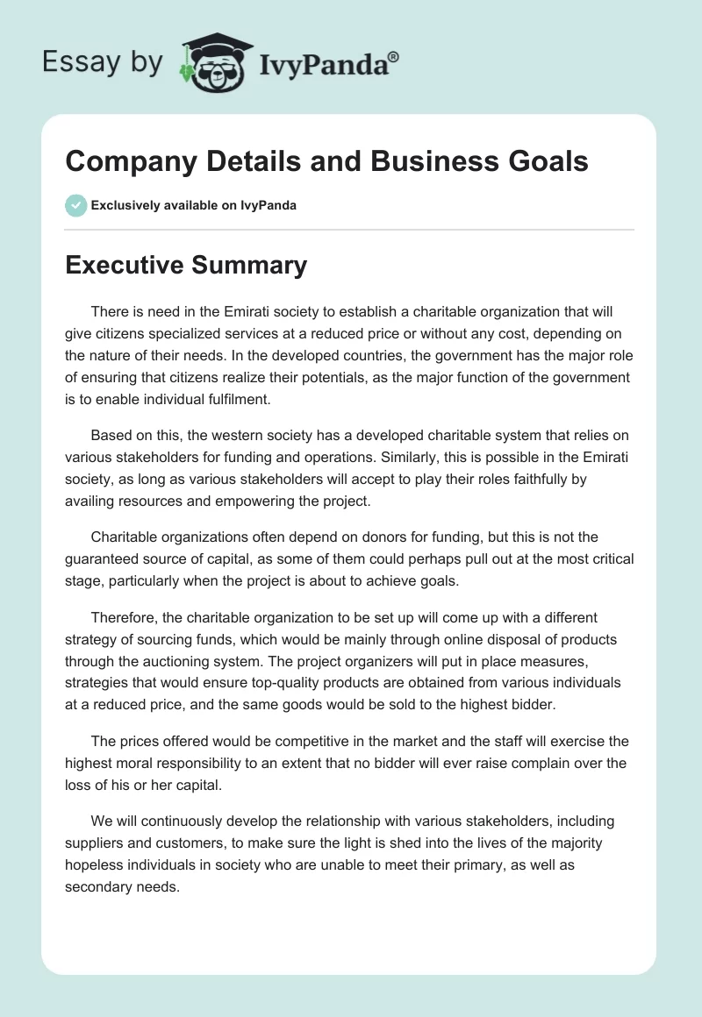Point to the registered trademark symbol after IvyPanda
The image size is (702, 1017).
(393, 56)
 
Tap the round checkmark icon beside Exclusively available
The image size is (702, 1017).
(75, 205)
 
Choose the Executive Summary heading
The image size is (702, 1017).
(186, 265)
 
